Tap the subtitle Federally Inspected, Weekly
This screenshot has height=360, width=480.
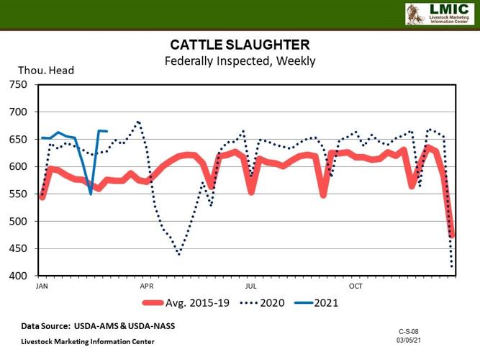[240, 61]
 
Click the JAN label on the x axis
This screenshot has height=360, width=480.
[42, 286]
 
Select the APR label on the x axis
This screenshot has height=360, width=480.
[147, 286]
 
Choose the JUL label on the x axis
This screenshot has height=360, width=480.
[250, 286]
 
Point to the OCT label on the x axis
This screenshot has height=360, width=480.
[356, 286]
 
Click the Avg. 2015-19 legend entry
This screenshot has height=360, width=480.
[187, 303]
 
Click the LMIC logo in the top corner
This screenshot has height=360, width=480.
[439, 14]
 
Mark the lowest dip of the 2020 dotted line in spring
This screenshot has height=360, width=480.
[179, 254]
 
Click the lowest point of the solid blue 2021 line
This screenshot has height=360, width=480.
[91, 194]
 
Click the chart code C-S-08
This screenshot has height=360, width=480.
[409, 330]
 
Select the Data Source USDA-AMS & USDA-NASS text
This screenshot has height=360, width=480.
[98, 326]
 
